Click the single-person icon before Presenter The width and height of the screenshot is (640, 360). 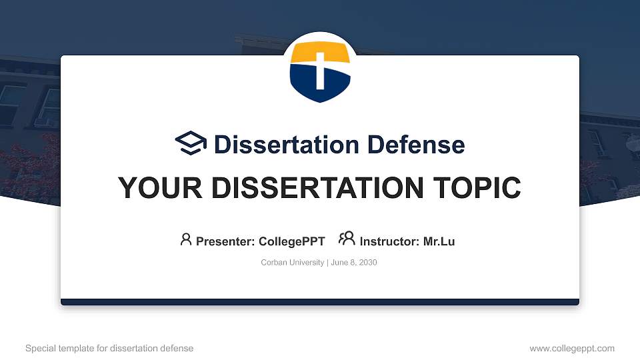coord(186,239)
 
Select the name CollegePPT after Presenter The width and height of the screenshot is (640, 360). coord(292,241)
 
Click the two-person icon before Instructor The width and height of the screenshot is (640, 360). coord(347,239)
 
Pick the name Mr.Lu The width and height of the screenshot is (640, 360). coord(439,241)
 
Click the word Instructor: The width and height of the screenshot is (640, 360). coord(389,241)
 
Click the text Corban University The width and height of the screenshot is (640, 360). coord(292,263)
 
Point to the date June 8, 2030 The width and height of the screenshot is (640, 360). coord(353,263)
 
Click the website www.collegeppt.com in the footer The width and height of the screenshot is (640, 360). coord(572,348)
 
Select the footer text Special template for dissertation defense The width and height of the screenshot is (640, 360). coord(109,348)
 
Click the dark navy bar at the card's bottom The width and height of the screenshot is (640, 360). coord(320,302)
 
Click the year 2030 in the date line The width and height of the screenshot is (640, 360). coord(367,263)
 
